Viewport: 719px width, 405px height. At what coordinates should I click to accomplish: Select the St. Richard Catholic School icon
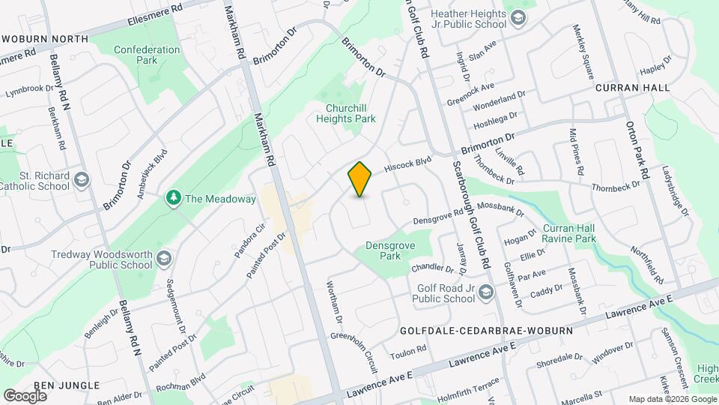pos(81,180)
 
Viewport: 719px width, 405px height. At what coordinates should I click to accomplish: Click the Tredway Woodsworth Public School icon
pos(164,259)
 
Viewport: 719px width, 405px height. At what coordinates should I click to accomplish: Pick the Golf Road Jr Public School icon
pos(486,292)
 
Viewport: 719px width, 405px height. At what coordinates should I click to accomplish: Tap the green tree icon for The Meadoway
pos(174,199)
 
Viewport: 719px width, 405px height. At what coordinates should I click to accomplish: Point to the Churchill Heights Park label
pos(345,113)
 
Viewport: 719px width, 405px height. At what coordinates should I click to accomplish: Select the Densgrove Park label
pos(389,250)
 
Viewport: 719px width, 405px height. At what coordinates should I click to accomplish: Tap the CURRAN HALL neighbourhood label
pos(633,88)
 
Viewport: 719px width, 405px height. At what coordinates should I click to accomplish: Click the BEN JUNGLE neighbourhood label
pos(66,385)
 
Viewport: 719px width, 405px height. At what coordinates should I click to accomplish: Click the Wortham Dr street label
pos(334,303)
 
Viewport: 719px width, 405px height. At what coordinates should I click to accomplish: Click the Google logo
pos(25,395)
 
